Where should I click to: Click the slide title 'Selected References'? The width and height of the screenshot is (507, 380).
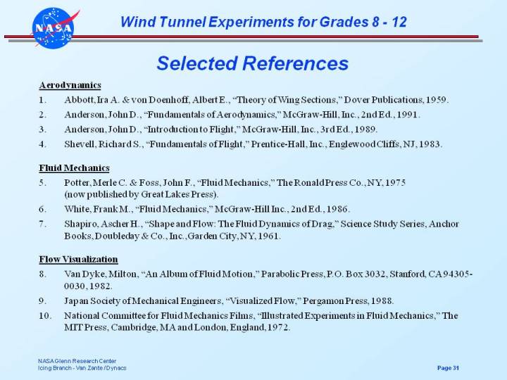click(252, 63)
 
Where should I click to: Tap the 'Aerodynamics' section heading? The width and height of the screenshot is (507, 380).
click(70, 85)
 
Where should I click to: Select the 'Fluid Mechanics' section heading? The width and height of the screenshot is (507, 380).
click(74, 167)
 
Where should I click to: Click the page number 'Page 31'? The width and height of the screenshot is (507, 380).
click(448, 368)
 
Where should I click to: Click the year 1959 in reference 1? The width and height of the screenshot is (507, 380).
click(435, 99)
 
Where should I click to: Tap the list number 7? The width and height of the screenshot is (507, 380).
click(42, 224)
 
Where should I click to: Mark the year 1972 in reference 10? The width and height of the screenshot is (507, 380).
click(277, 327)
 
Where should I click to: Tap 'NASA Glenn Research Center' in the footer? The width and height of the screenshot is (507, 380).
click(77, 361)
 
